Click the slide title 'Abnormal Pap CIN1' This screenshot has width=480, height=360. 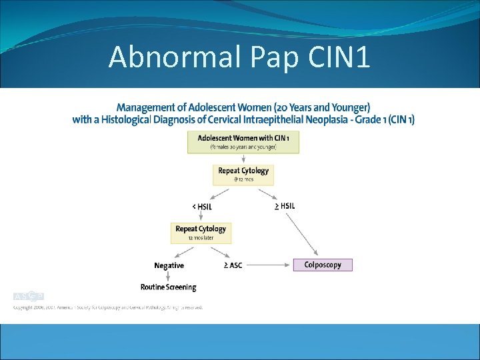(239, 57)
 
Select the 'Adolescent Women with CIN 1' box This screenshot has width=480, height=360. (243, 142)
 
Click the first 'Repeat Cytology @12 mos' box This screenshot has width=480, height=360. (243, 175)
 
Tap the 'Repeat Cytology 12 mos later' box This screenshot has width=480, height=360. (201, 232)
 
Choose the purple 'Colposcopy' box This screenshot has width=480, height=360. (323, 265)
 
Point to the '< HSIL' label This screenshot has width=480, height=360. (203, 206)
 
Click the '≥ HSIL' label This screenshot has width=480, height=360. (285, 206)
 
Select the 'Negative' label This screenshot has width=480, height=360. (169, 265)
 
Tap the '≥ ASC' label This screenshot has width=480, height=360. (233, 265)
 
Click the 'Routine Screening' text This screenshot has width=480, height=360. (168, 287)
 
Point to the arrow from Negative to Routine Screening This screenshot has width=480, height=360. (168, 276)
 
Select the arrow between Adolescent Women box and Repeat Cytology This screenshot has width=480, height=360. (243, 159)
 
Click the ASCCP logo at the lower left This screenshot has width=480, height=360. (29, 296)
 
